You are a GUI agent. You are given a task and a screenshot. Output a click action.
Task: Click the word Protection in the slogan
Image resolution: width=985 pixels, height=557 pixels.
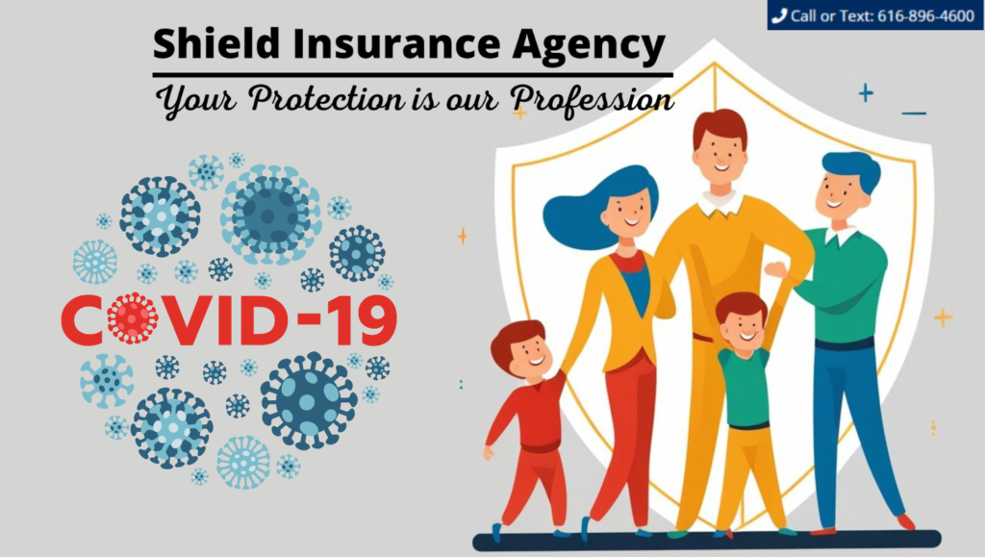(x=327, y=98)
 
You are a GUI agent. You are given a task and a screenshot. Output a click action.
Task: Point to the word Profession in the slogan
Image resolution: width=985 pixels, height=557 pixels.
(x=592, y=100)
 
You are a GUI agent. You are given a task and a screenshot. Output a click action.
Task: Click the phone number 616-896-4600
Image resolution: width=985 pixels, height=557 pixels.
(x=925, y=15)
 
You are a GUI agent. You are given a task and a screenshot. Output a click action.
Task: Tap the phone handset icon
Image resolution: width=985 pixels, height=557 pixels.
(x=779, y=15)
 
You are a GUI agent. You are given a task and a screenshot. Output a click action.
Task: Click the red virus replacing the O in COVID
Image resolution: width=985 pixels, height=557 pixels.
(x=132, y=317)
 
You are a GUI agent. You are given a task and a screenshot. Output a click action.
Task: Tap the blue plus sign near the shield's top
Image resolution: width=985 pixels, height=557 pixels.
(x=867, y=93)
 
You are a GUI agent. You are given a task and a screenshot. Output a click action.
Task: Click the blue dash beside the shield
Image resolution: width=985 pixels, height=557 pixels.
(x=914, y=113)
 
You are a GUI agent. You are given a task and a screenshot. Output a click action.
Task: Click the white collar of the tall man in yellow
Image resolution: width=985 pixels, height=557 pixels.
(x=720, y=203)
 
